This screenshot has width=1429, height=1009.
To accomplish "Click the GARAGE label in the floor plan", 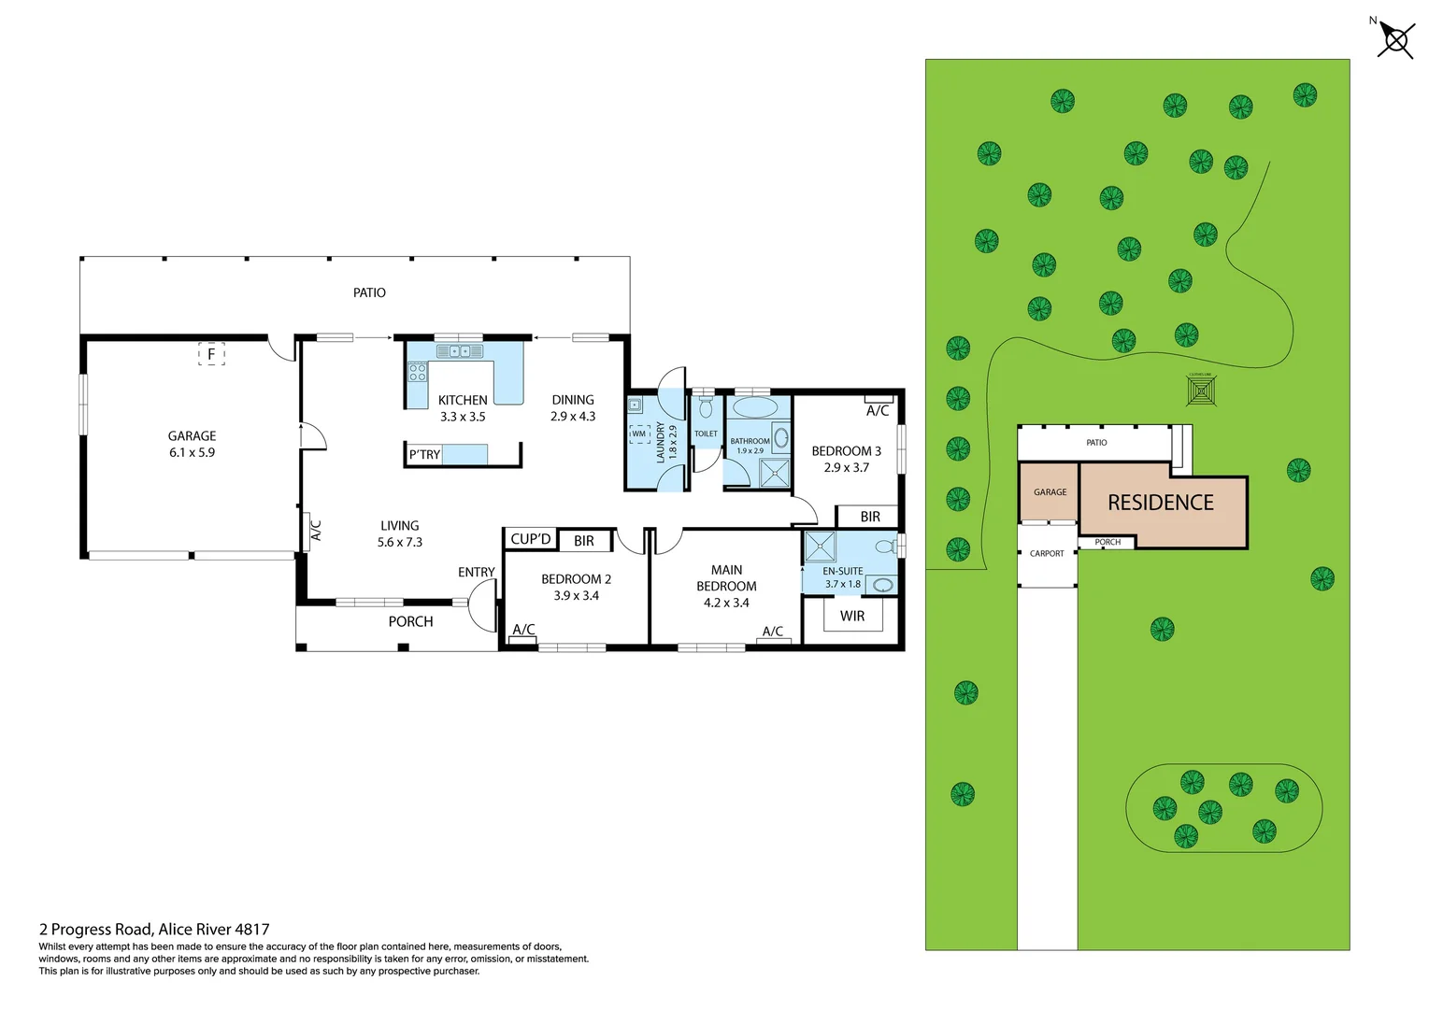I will point(192,436).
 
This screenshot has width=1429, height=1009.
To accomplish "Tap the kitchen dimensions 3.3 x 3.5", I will point(463,417).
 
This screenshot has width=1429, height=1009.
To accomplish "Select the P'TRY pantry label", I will point(424,455).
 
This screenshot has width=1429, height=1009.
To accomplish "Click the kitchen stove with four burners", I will point(417,373).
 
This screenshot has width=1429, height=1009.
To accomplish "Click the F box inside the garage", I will point(211,354).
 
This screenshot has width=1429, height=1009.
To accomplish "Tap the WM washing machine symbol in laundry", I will point(638,433).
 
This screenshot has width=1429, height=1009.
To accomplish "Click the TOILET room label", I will point(706,433).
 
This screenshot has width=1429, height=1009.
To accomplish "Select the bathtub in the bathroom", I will point(754,407).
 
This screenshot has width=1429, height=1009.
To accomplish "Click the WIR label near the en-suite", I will point(851,616).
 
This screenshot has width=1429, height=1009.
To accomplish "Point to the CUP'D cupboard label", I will point(530,539).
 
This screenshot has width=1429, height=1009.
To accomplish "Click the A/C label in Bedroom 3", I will point(878,411).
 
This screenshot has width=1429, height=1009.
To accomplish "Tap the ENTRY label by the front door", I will point(476,572).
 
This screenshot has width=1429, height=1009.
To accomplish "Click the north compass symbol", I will point(1395,39).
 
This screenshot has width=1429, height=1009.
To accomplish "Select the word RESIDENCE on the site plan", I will point(1161,503).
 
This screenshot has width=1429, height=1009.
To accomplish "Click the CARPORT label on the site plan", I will point(1047,553).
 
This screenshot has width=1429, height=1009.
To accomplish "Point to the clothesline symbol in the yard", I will point(1201,391).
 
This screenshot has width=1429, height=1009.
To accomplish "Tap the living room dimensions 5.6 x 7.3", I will point(400,542).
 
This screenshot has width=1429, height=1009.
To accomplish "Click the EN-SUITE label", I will point(842,571).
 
